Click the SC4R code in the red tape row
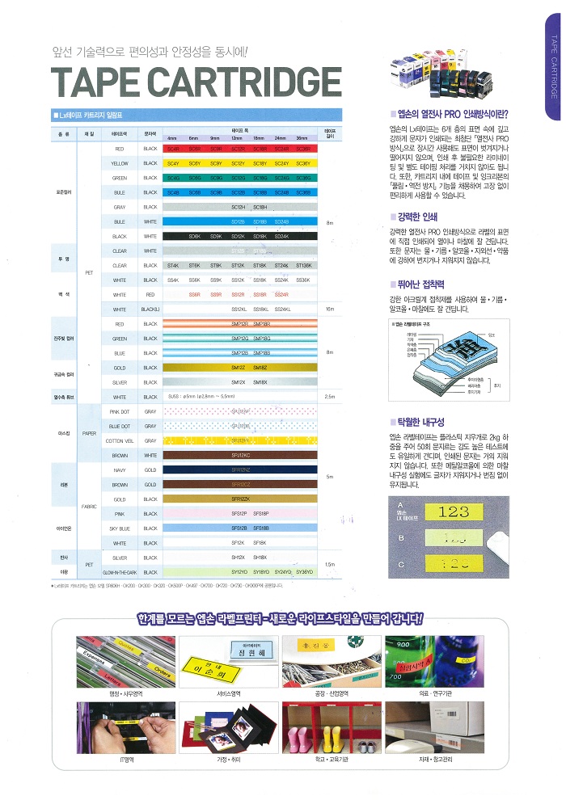pos(173,149)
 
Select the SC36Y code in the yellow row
pos(303,163)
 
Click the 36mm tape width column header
pos(302,138)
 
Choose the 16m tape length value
pos(329,309)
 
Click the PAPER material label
pos(90,432)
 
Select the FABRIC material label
pos(90,506)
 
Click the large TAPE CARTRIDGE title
pos(196,82)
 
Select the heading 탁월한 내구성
pos(420,422)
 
